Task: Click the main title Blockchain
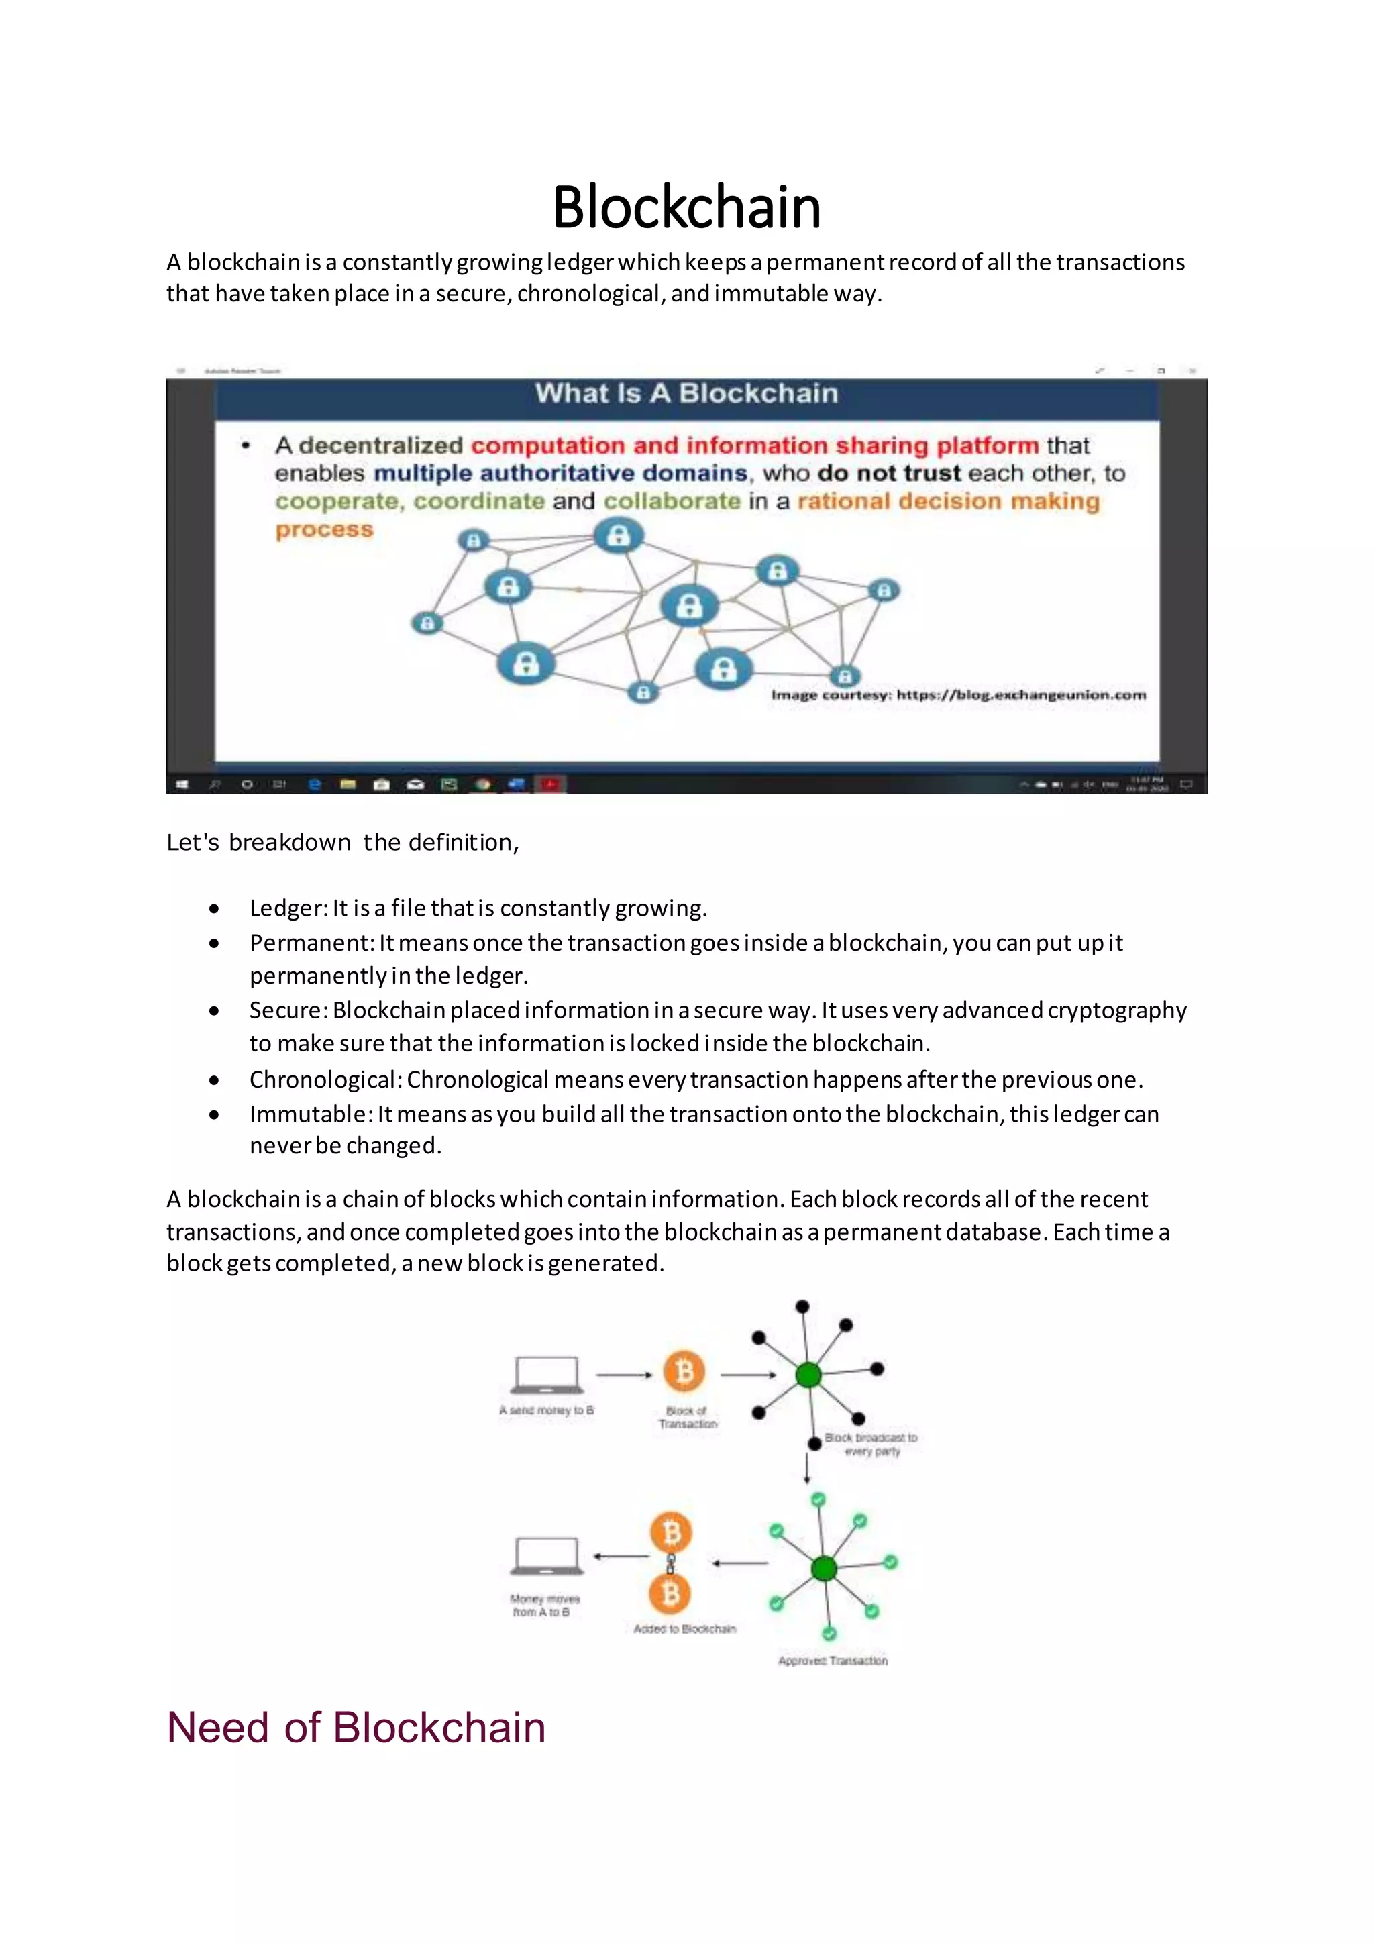point(686,207)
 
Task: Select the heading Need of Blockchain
point(356,1727)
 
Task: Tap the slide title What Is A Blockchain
point(686,394)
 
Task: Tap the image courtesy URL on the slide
point(1021,695)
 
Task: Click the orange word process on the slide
point(324,530)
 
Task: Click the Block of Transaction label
point(687,1418)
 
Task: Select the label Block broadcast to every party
point(871,1444)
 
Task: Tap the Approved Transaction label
point(833,1661)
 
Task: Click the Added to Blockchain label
point(684,1628)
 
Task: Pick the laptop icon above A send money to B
point(547,1374)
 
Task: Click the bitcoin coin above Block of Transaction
point(684,1371)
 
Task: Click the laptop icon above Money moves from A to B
point(547,1555)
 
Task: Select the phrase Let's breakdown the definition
point(343,842)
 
